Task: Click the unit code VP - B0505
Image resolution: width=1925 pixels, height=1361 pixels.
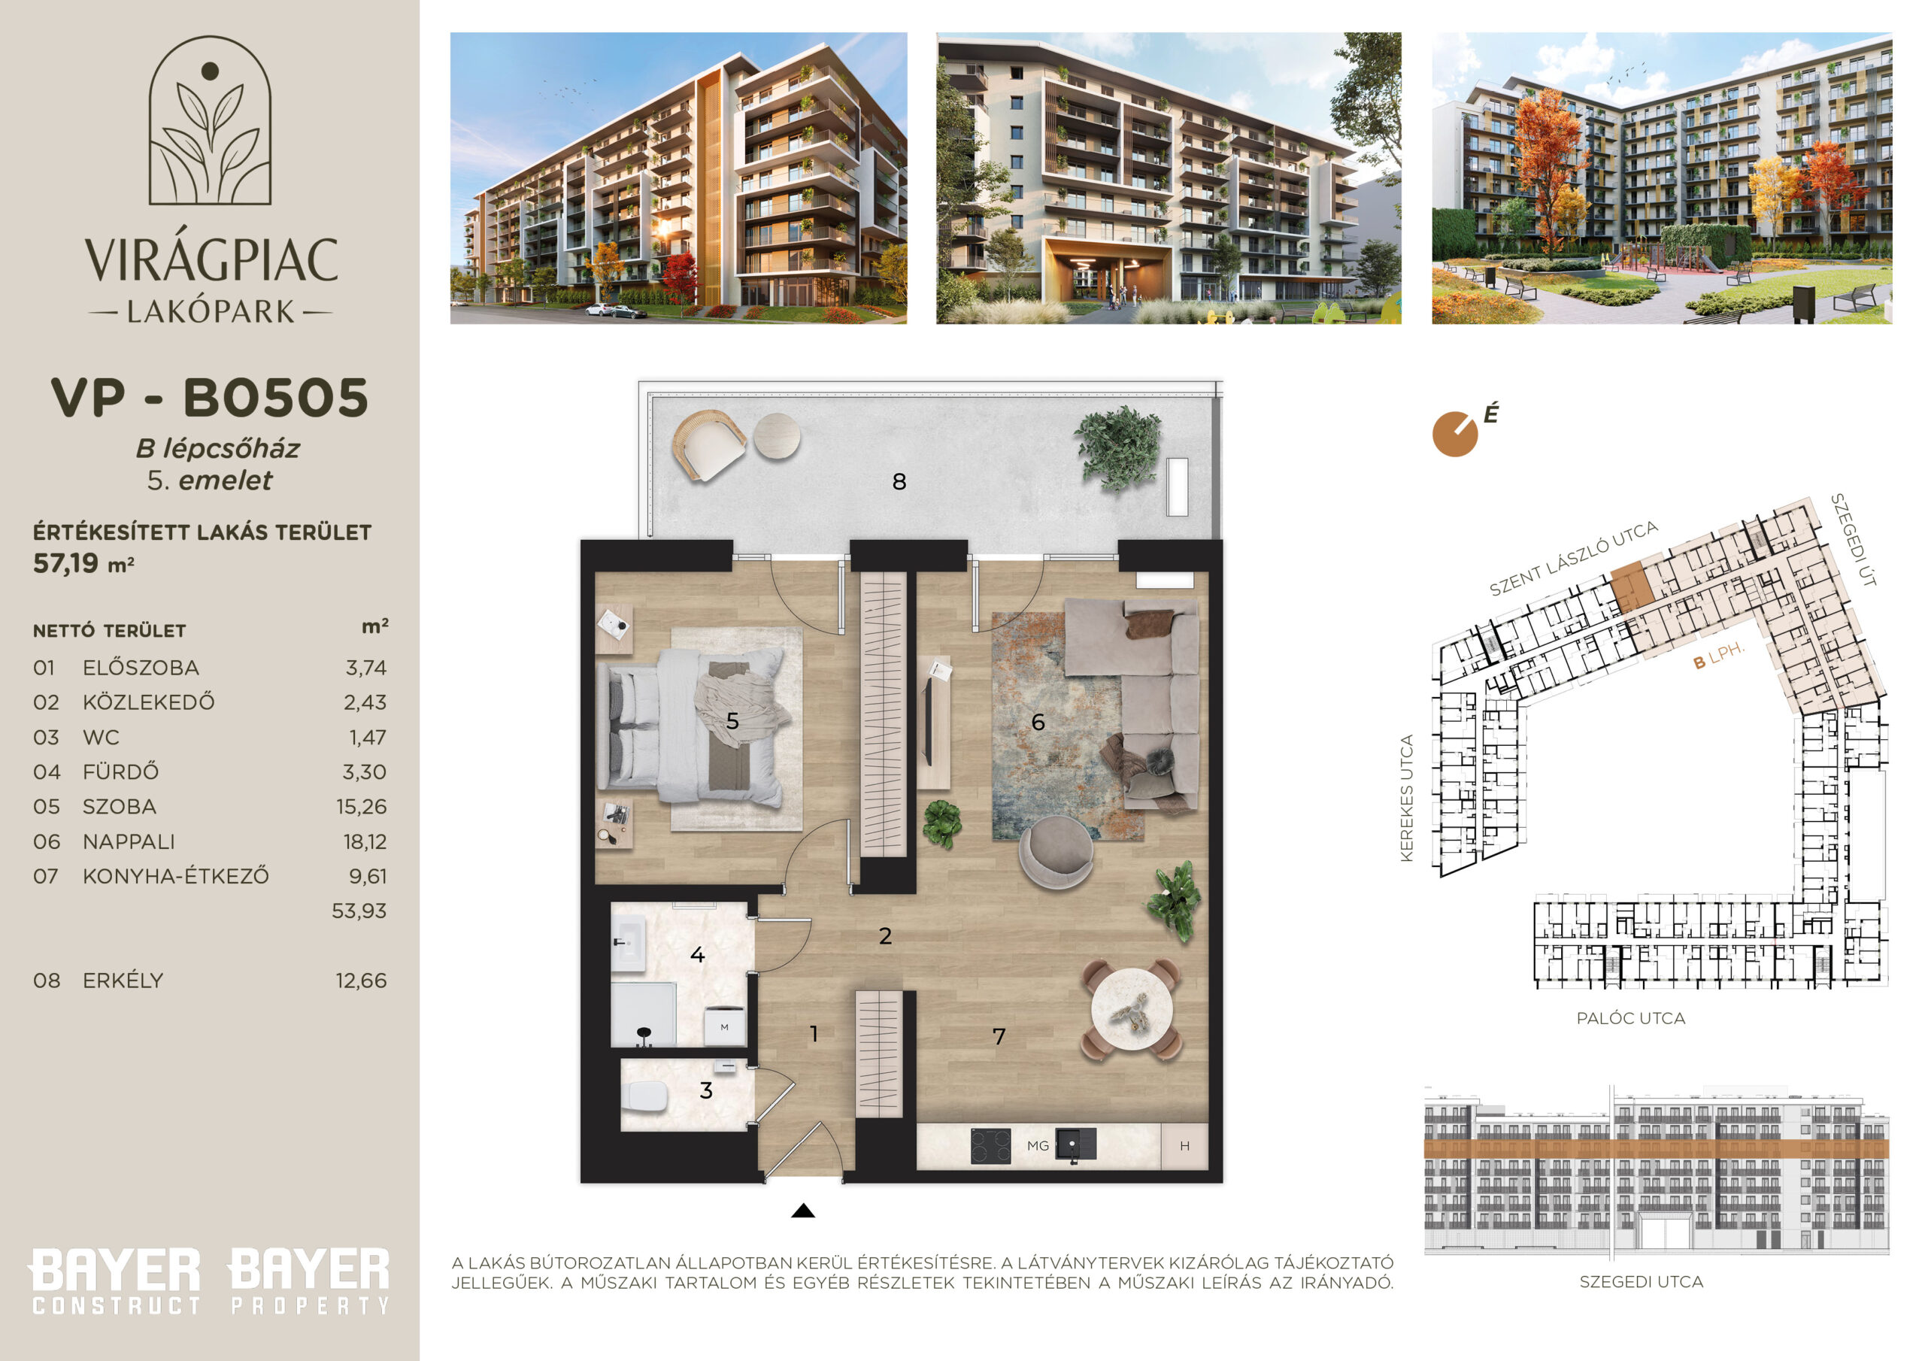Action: (x=210, y=398)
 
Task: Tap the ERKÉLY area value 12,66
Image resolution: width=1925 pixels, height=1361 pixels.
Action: (x=362, y=981)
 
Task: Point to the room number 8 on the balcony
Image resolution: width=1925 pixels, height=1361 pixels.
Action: (x=899, y=481)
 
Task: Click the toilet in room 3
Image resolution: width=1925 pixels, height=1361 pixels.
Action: (x=646, y=1095)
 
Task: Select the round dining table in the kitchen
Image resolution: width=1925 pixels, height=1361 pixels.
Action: (x=1130, y=1009)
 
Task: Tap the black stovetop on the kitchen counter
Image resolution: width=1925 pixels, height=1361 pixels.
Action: (x=990, y=1145)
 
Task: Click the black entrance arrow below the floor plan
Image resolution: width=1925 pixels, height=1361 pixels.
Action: (x=803, y=1210)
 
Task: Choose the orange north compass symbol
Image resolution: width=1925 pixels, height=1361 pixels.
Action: (x=1456, y=435)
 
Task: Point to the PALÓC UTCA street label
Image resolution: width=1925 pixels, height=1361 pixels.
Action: (x=1631, y=1018)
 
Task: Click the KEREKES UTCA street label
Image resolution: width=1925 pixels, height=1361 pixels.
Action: (x=1407, y=798)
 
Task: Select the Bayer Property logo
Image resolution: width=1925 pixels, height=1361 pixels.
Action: (x=309, y=1281)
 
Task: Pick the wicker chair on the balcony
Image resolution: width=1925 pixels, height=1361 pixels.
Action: (x=708, y=444)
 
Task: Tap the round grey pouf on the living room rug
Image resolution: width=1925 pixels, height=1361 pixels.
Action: (x=1056, y=851)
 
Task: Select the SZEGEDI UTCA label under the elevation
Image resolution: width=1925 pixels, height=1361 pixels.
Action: (x=1641, y=1281)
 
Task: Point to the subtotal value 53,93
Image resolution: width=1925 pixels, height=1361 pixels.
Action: (x=359, y=911)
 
